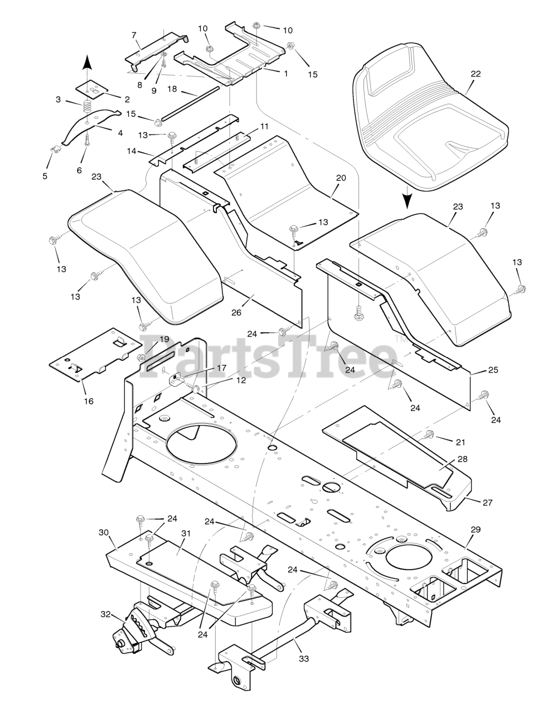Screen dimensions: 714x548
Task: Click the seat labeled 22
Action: click(x=429, y=117)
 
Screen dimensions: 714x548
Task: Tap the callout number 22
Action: click(x=475, y=74)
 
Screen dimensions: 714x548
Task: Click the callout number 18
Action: click(x=172, y=89)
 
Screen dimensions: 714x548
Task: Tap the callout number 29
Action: click(x=475, y=529)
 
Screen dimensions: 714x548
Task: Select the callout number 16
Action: click(x=89, y=401)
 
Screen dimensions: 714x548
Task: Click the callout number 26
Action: click(x=236, y=312)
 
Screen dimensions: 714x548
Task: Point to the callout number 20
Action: click(x=341, y=178)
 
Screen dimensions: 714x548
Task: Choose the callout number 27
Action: click(x=488, y=502)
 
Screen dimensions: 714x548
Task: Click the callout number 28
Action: click(x=462, y=459)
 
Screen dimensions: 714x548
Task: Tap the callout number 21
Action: click(x=460, y=442)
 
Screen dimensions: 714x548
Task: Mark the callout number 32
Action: click(x=105, y=615)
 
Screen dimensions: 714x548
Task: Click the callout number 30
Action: click(x=104, y=532)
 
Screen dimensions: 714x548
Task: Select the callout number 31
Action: click(x=186, y=533)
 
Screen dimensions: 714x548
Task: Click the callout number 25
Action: click(x=493, y=370)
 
